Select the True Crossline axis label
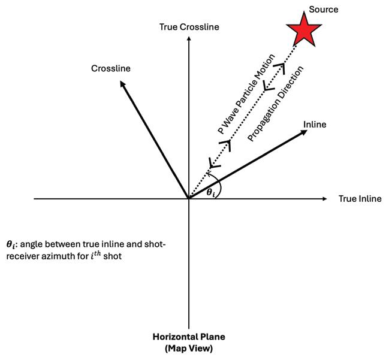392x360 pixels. [189, 27]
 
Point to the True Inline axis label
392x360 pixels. [360, 198]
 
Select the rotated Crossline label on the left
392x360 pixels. [111, 68]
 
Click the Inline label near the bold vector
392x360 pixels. [315, 124]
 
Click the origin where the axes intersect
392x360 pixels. [189, 198]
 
